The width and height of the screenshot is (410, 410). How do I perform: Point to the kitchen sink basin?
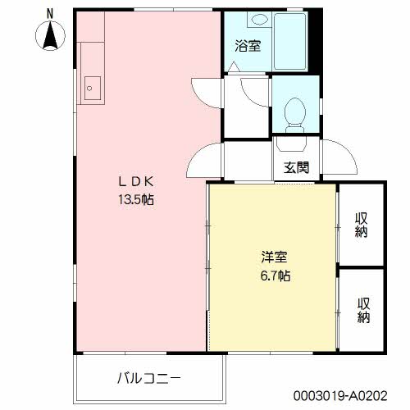coord(91,87)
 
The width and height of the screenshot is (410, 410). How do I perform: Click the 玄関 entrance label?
coord(296,169)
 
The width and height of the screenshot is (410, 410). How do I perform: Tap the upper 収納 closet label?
coord(362,224)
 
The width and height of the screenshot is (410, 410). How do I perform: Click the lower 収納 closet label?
coord(362,309)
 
